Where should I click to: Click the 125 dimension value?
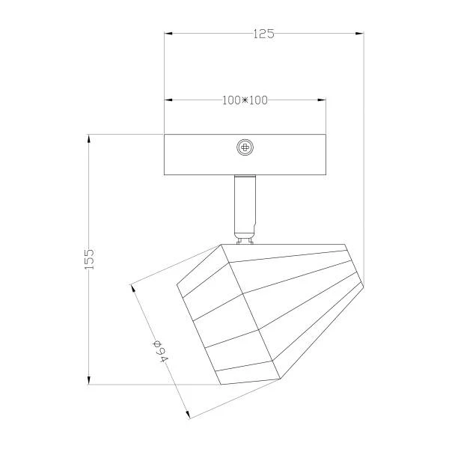pos(263,34)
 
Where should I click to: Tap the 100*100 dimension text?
pos(245,100)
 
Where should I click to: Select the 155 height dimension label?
pos(89,259)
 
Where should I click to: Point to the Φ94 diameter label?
pos(160,352)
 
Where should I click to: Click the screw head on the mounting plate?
pos(245,147)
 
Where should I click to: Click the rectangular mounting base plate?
pos(245,155)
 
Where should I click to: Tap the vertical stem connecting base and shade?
pos(245,206)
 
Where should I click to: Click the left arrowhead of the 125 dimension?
pos(168,34)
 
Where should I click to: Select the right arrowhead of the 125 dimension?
pos(359,34)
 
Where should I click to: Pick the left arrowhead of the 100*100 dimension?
pos(168,100)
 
